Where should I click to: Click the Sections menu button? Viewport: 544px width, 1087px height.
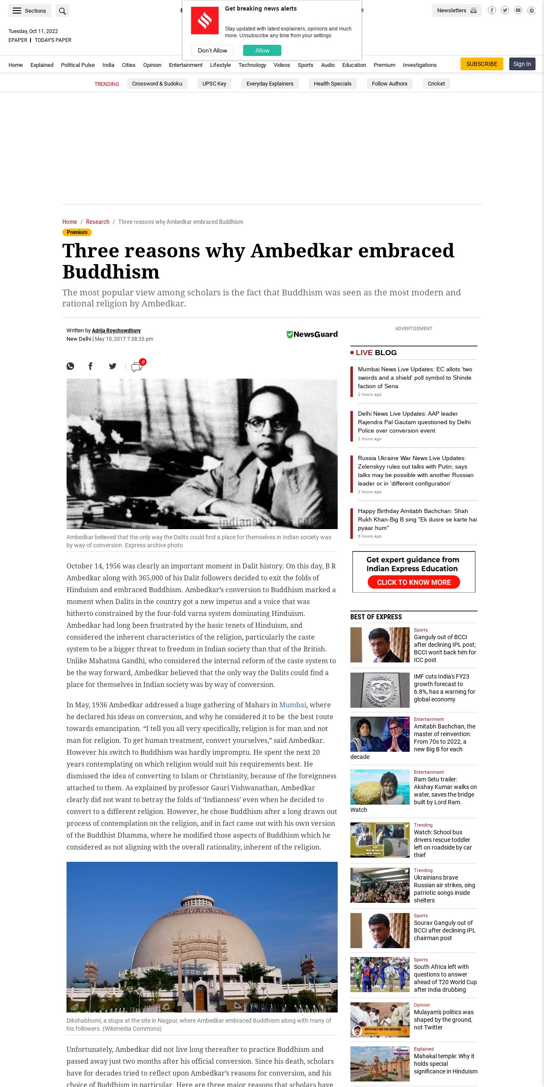pos(30,11)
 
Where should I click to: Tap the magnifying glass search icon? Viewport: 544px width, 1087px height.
pos(62,11)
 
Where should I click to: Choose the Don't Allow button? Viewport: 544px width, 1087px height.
pos(212,50)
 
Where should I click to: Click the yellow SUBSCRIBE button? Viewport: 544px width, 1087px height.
pos(482,64)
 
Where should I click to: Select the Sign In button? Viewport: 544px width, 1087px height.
pos(522,64)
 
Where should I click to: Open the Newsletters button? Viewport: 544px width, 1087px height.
pos(456,11)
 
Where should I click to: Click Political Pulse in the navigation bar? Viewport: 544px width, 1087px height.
pos(78,65)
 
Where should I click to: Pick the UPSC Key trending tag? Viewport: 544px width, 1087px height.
pos(214,84)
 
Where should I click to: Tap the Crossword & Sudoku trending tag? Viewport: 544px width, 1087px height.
pos(157,84)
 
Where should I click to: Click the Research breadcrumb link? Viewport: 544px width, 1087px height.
pos(97,222)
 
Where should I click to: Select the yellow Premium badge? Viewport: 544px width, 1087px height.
pos(77,232)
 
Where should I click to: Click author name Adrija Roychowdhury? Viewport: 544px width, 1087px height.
pos(116,331)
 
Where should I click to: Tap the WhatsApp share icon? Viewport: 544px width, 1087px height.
pos(70,366)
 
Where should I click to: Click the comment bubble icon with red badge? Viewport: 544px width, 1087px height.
pos(137,367)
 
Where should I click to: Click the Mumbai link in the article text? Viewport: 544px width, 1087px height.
pos(292,705)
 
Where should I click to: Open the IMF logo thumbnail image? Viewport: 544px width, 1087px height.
pos(380,690)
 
